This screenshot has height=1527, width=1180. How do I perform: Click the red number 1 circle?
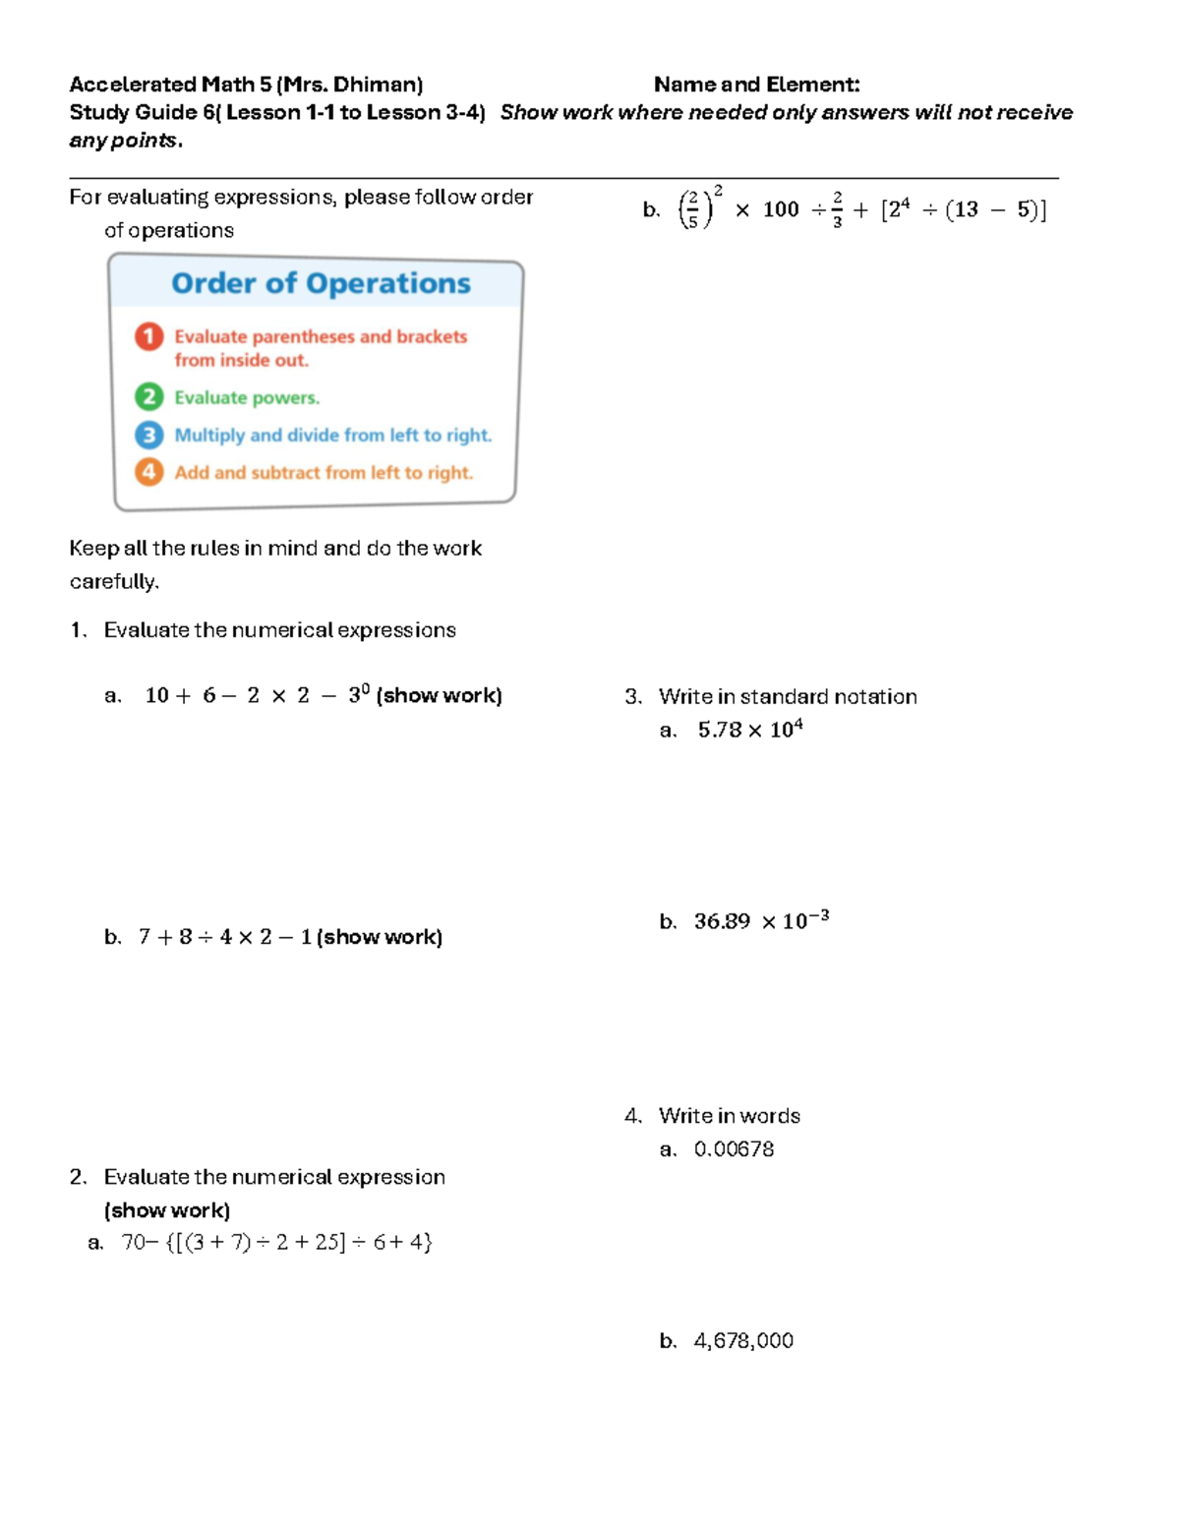(148, 336)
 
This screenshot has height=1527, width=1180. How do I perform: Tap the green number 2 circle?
(148, 397)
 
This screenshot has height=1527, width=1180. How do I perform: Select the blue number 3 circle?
(148, 435)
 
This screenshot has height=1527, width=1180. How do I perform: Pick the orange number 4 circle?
(148, 472)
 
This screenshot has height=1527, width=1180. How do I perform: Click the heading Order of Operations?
(321, 283)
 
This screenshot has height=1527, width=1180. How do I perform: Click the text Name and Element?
(756, 85)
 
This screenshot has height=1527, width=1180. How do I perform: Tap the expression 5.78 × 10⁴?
(749, 730)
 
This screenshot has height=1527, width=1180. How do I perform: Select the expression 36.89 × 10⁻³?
(760, 921)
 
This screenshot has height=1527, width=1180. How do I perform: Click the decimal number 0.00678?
(734, 1149)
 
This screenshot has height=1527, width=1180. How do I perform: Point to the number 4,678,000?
(743, 1341)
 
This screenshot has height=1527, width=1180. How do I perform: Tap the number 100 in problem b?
(781, 209)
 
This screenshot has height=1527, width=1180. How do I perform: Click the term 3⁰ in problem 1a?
(358, 694)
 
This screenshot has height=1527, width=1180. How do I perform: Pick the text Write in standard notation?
(788, 697)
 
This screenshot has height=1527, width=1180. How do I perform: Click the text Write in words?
(729, 1116)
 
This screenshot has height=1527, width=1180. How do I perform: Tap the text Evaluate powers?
(247, 398)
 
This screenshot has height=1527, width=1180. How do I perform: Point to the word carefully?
(113, 582)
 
